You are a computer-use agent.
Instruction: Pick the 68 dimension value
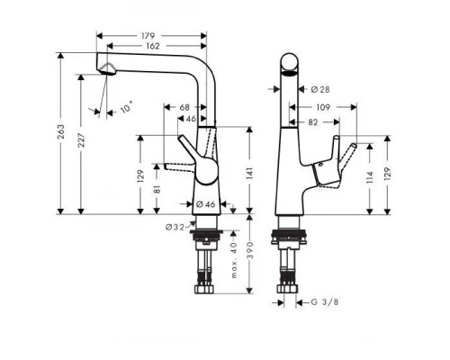click(x=184, y=107)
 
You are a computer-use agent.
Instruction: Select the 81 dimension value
click(x=158, y=190)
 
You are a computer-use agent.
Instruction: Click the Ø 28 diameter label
click(x=319, y=89)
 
